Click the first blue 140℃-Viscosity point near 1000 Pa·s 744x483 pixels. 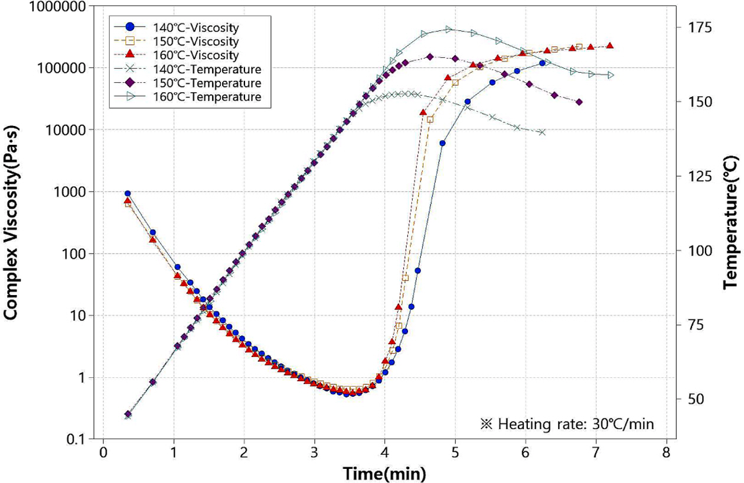click(x=127, y=193)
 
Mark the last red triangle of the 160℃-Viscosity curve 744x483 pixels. click(x=610, y=46)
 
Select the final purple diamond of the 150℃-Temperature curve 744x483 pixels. click(x=579, y=102)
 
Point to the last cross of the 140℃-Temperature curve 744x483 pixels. click(x=542, y=132)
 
